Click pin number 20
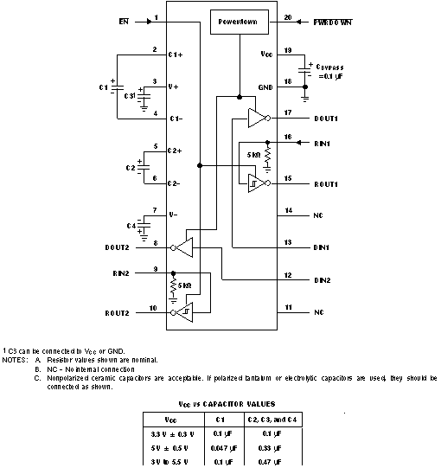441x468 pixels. pos(288,16)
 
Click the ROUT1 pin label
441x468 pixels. pos(325,184)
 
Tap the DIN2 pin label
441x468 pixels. pos(323,281)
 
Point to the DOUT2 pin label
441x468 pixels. pos(117,247)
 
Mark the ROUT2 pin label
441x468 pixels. pos(117,313)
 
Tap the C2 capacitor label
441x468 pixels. pos(131,167)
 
